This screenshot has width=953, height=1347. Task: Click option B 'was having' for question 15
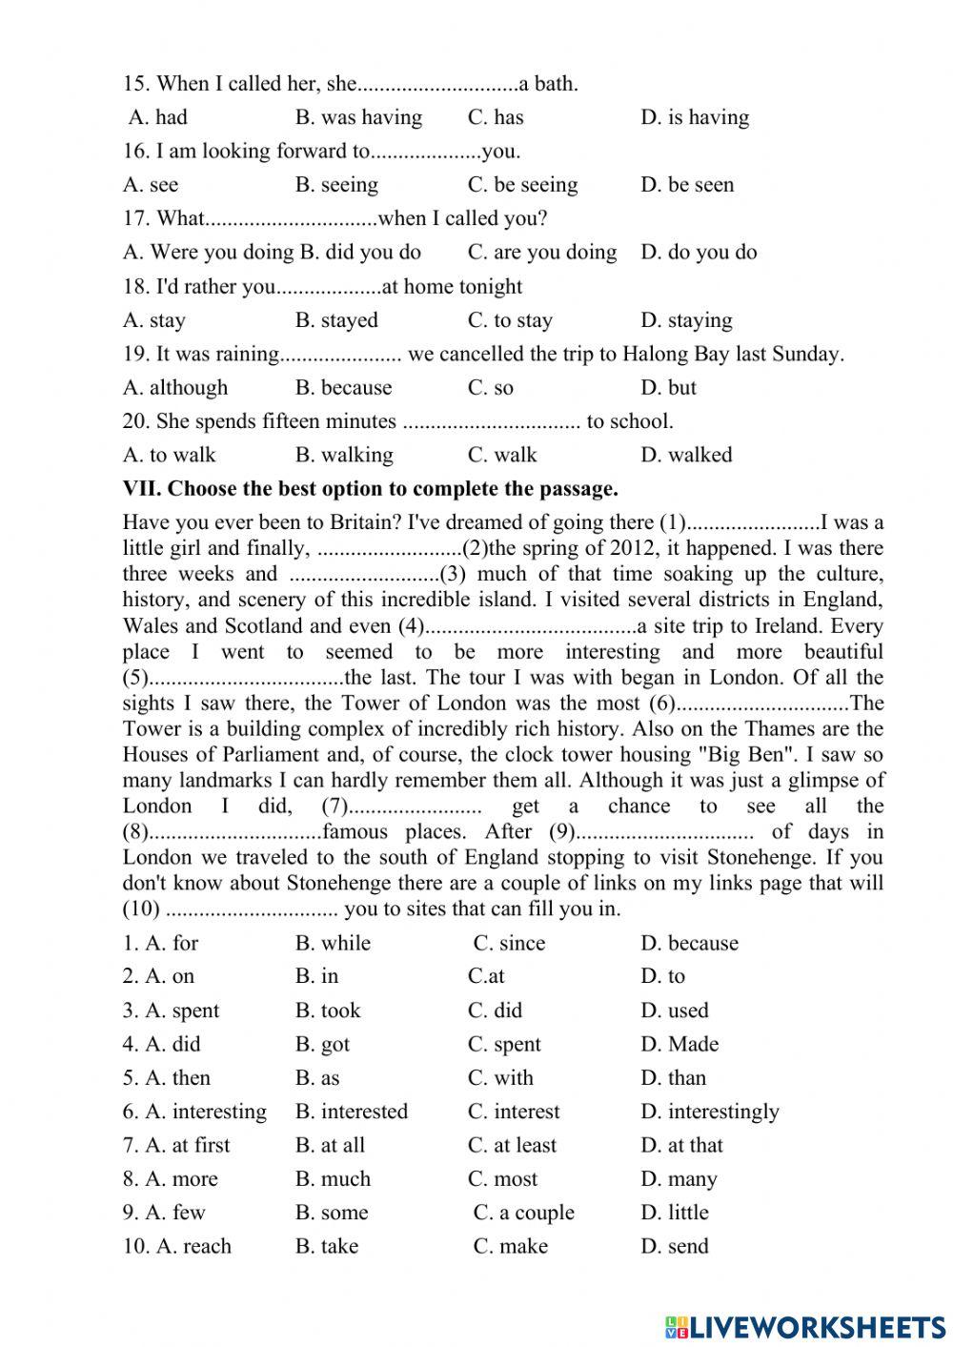358,117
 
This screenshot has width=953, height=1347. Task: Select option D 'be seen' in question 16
687,185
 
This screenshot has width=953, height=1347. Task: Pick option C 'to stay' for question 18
510,320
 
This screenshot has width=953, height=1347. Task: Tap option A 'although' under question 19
175,388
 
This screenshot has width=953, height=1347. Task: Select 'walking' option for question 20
344,456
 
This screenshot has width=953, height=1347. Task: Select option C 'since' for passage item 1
510,944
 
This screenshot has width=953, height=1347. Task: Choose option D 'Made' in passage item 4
679,1045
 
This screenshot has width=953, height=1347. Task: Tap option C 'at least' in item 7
513,1146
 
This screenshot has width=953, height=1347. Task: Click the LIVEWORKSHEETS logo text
805,1326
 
